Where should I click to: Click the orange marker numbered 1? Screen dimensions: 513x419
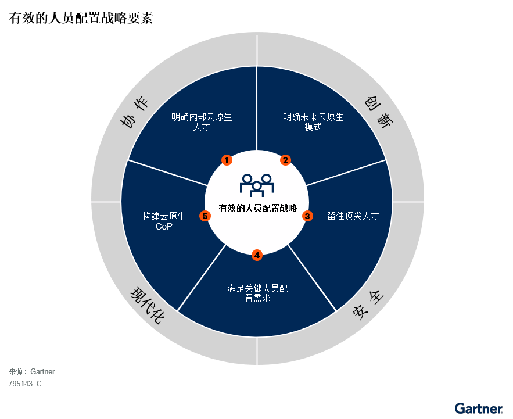pyautogui.click(x=227, y=160)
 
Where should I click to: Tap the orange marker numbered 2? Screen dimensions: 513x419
pyautogui.click(x=285, y=160)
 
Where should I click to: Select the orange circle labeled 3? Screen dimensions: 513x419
pyautogui.click(x=307, y=216)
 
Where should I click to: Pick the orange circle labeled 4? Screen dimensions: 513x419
pyautogui.click(x=257, y=255)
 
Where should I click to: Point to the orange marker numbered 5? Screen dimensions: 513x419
pyautogui.click(x=205, y=216)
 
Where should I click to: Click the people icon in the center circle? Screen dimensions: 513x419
pyautogui.click(x=257, y=185)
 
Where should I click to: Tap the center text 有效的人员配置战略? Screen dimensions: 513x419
pyautogui.click(x=258, y=208)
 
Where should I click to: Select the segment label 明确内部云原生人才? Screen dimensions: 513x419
pyautogui.click(x=202, y=122)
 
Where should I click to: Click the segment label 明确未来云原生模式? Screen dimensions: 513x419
pyautogui.click(x=313, y=122)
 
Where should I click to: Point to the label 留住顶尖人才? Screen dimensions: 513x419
pyautogui.click(x=353, y=216)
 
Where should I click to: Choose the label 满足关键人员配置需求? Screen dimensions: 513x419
pyautogui.click(x=257, y=293)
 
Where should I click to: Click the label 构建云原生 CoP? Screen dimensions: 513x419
pyautogui.click(x=164, y=221)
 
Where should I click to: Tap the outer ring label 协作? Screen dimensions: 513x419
pyautogui.click(x=134, y=112)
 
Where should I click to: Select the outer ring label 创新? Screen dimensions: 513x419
pyautogui.click(x=379, y=112)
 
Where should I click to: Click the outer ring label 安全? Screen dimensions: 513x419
pyautogui.click(x=368, y=305)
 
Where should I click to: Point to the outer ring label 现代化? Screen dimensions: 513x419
pyautogui.click(x=147, y=305)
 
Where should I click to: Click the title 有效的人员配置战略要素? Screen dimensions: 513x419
pyautogui.click(x=81, y=18)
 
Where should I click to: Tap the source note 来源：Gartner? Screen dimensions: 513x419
pyautogui.click(x=32, y=371)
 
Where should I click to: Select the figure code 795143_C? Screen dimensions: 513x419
pyautogui.click(x=25, y=384)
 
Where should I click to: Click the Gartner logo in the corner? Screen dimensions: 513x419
pyautogui.click(x=478, y=409)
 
